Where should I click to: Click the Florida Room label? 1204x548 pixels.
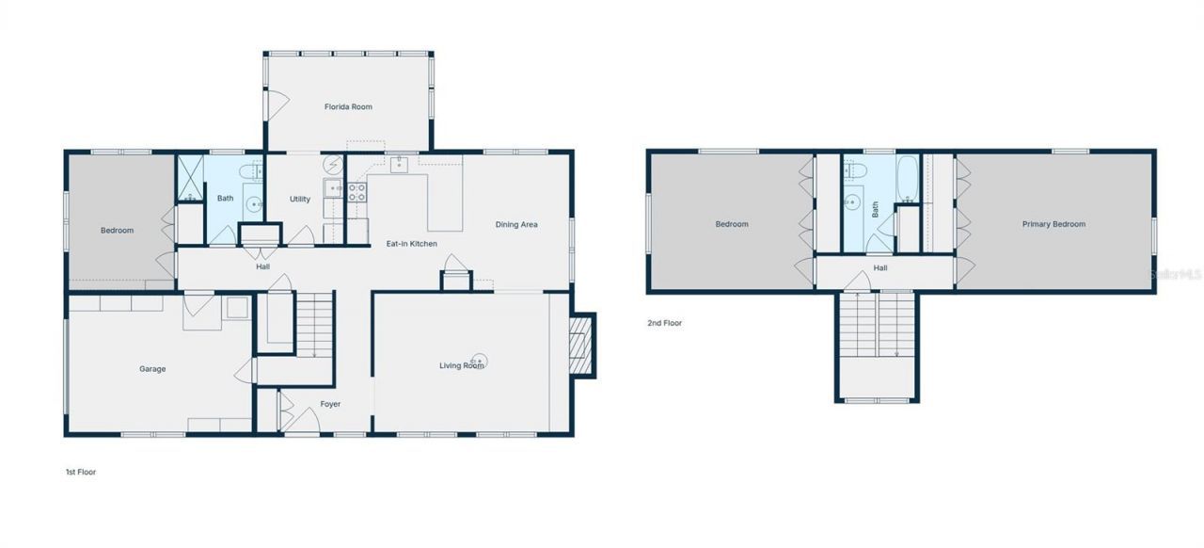(348, 107)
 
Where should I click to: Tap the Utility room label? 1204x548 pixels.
(300, 200)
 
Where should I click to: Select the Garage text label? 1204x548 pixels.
(152, 369)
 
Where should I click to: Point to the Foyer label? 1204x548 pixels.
(330, 404)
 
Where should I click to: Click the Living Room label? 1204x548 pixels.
(461, 366)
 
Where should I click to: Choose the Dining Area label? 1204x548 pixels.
(516, 225)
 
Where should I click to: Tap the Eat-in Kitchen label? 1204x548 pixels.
(412, 244)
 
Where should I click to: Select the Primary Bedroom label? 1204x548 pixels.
(1053, 224)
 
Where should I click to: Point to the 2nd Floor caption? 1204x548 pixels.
(664, 323)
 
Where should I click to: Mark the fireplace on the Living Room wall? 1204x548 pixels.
(583, 345)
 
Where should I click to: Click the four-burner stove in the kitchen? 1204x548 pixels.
(357, 193)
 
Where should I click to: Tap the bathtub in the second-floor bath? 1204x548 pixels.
(907, 180)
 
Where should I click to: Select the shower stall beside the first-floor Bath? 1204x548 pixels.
(190, 178)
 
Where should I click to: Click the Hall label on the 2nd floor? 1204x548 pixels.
(879, 268)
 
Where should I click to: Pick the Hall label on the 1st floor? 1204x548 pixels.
(263, 266)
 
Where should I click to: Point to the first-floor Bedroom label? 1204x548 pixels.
(118, 231)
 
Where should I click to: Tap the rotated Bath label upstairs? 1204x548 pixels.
(875, 209)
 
